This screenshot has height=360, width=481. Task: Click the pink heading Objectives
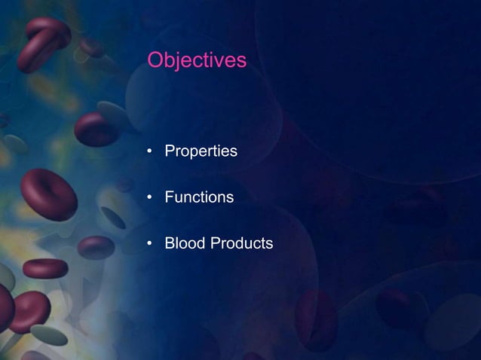(197, 59)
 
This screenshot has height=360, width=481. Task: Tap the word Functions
(199, 198)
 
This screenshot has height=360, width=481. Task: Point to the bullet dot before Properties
(151, 153)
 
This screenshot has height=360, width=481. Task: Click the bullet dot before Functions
(151, 199)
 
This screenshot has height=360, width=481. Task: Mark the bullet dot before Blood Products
(151, 245)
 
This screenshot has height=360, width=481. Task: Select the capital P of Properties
(170, 152)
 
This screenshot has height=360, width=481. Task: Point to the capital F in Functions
(170, 198)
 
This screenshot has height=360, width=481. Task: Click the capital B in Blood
(170, 244)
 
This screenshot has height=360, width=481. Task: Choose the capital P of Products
(213, 244)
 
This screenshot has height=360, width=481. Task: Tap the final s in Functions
(229, 199)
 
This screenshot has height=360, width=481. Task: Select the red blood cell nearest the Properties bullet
(96, 129)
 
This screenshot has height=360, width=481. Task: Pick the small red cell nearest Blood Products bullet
(96, 247)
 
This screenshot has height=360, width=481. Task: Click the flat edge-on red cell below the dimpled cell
(44, 268)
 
